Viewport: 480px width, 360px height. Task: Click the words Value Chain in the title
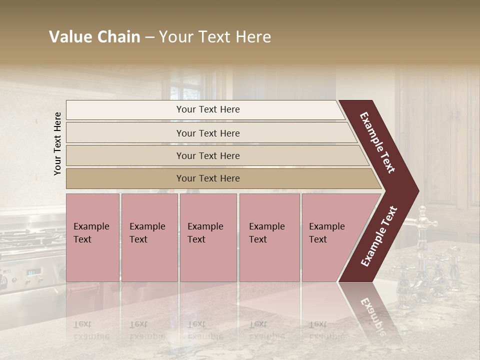point(94,37)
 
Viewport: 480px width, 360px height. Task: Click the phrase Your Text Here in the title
point(215,37)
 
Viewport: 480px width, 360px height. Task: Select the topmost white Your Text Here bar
point(208,109)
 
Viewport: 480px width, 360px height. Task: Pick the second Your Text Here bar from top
point(208,133)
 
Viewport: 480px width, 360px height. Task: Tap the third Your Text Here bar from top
point(208,155)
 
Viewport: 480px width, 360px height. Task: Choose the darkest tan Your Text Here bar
point(208,178)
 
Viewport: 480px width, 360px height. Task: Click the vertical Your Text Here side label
point(57,143)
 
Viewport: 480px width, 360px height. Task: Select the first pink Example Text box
point(92,237)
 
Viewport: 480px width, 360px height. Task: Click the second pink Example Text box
point(148,237)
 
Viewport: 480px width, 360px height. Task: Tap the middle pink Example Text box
point(207,237)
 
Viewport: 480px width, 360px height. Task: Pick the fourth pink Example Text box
point(269,237)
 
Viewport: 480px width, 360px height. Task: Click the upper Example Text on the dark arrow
point(378,142)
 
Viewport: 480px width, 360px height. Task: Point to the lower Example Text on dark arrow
point(379,236)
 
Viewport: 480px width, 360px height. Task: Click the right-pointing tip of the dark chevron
point(416,191)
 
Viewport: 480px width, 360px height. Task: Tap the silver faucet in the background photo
point(425,220)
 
